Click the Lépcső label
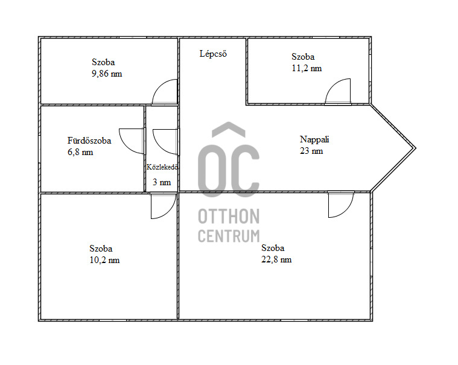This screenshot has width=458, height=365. (213, 54)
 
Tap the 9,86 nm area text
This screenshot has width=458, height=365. (107, 74)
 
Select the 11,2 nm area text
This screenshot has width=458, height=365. (307, 68)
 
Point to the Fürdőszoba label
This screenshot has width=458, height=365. (89, 141)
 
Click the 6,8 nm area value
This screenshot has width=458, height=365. (80, 152)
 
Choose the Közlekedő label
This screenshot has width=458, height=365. (162, 167)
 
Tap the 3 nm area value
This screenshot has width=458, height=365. (162, 182)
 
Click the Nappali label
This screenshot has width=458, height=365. (314, 139)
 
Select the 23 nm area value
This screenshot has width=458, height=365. (311, 151)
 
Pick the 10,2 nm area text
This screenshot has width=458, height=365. (104, 260)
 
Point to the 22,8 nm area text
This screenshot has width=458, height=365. (276, 259)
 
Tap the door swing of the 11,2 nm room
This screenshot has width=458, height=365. (330, 86)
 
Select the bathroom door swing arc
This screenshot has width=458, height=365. (124, 145)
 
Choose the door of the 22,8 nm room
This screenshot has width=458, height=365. (347, 211)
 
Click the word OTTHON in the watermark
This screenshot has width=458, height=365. (229, 217)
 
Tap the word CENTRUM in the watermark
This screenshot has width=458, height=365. (229, 236)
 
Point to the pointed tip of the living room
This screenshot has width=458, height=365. (415, 148)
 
